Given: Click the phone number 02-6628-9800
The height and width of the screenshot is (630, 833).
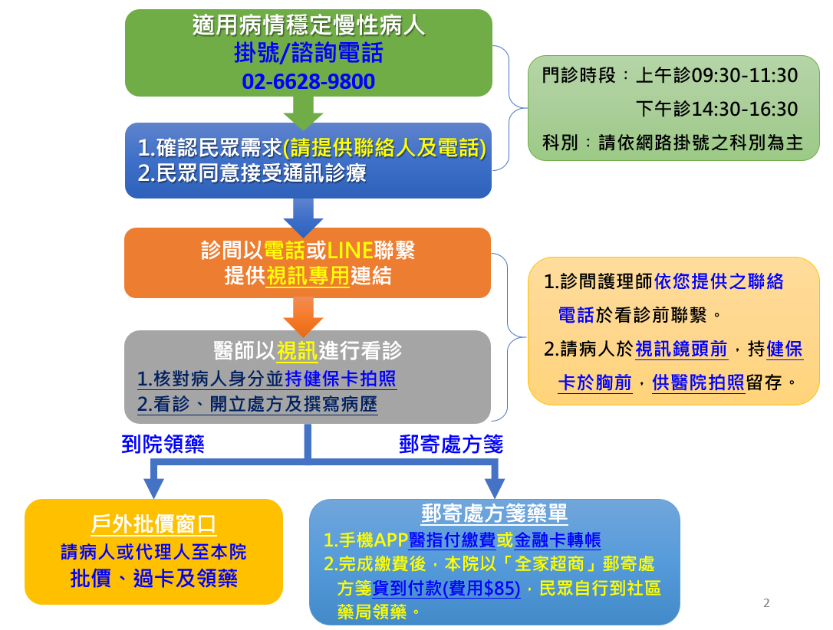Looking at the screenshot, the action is click(308, 82).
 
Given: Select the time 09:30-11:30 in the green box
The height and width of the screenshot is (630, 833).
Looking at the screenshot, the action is click(744, 75).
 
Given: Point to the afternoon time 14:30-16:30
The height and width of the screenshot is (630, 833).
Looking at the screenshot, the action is click(744, 109).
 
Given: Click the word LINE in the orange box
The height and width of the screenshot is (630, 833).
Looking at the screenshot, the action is click(350, 250).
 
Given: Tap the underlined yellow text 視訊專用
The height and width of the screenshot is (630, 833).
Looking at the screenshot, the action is click(308, 275).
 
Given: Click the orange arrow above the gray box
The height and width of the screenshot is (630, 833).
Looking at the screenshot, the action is click(303, 317).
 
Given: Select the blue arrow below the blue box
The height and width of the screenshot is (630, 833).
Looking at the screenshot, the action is click(303, 218).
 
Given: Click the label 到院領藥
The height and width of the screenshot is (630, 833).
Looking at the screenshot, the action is click(163, 445).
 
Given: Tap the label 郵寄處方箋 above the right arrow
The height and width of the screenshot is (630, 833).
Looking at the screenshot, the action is click(451, 445).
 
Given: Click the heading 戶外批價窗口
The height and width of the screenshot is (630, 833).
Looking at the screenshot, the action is click(153, 524).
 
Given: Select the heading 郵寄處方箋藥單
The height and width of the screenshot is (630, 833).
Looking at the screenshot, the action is click(495, 514).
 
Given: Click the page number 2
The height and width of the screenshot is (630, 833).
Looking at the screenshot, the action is click(766, 603).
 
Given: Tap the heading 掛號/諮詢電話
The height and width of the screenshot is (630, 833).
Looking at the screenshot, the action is click(308, 53).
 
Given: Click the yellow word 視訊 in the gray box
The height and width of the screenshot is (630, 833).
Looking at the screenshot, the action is click(297, 351).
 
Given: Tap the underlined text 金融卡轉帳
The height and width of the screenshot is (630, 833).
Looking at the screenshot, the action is click(558, 540).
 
